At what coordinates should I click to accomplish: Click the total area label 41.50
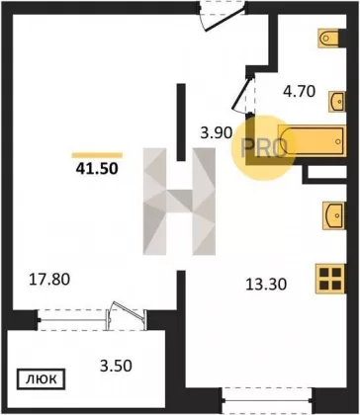click(97, 169)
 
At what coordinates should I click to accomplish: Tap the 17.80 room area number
click(49, 280)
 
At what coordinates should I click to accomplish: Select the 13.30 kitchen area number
click(266, 284)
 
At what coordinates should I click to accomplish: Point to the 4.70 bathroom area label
click(300, 92)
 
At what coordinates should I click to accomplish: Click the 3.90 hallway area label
click(217, 133)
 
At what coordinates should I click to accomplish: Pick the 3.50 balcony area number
click(116, 366)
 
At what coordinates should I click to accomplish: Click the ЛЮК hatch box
click(41, 379)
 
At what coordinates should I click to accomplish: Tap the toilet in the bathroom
click(328, 39)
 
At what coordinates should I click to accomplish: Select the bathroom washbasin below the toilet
click(337, 102)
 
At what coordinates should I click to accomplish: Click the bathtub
click(312, 140)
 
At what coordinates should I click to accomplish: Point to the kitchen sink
click(334, 215)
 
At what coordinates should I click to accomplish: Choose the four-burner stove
click(330, 279)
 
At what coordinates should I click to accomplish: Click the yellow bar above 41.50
click(97, 155)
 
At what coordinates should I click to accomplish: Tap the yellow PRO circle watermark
click(263, 147)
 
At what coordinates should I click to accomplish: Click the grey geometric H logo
click(179, 202)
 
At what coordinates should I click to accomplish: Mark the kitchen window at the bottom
click(268, 401)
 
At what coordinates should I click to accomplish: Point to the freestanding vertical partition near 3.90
click(181, 123)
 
